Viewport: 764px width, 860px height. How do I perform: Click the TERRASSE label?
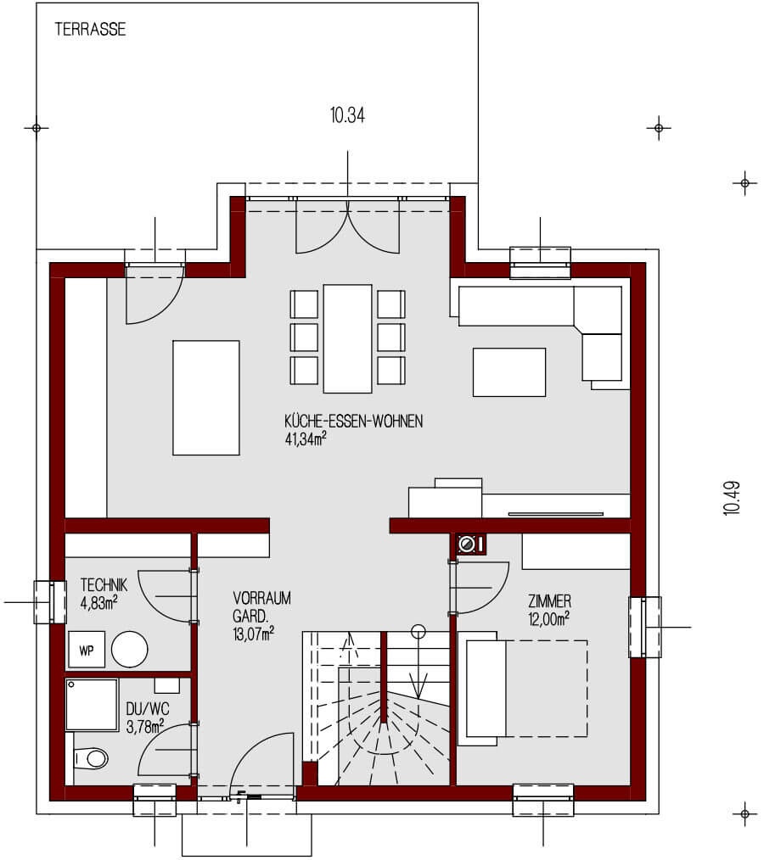90,30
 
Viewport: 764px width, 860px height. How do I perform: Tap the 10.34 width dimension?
347,116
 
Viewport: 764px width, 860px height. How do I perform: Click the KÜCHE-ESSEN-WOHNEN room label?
353,422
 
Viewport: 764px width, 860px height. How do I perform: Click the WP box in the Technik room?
87,651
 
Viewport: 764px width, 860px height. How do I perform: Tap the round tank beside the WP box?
131,650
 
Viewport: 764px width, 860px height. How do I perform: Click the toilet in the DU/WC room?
91,757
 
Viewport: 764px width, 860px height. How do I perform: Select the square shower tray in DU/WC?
92,704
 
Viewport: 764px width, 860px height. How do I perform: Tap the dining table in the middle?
348,338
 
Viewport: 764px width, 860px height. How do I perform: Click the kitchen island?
206,397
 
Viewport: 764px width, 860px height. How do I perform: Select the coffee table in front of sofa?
508,371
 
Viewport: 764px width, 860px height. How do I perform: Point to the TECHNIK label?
104,584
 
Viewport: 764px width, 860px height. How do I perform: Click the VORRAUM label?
261,598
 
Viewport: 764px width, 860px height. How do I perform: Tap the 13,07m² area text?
253,633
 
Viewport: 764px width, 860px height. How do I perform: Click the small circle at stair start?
418,631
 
